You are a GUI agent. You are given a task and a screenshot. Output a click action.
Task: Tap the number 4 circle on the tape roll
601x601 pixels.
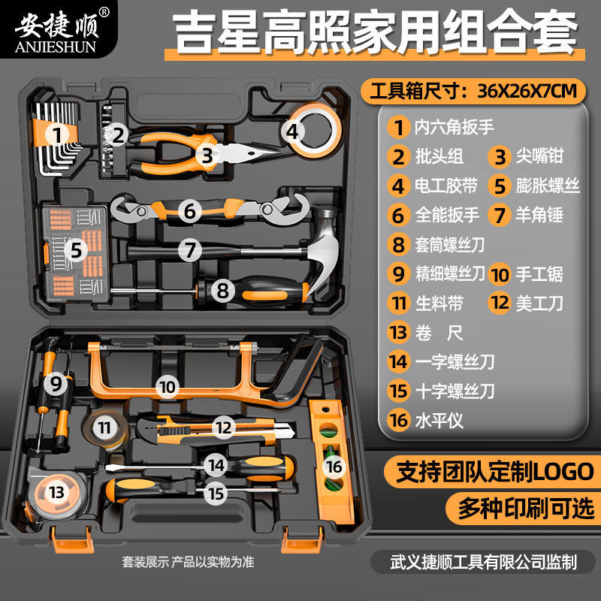click(x=294, y=134)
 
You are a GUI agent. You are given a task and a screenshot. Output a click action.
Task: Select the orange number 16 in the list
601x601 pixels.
click(x=398, y=420)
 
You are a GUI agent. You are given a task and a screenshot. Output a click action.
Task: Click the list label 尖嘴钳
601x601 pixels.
click(x=538, y=156)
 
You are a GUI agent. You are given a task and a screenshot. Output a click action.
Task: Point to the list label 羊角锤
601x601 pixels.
click(x=538, y=215)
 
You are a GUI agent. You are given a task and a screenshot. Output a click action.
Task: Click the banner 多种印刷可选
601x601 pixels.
click(x=526, y=509)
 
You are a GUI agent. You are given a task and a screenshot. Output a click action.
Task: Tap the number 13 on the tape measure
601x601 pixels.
click(x=56, y=493)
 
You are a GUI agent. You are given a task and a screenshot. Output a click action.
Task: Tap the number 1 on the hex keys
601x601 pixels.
click(x=56, y=134)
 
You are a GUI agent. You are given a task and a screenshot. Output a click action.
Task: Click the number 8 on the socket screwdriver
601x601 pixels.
click(x=222, y=287)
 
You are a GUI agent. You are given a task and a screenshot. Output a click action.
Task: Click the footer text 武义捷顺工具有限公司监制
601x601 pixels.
click(x=484, y=560)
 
